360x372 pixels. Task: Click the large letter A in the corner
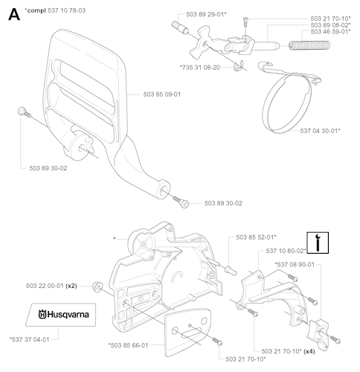coord(13,15)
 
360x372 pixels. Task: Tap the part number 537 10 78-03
coord(58,11)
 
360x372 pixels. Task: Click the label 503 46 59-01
coord(330,32)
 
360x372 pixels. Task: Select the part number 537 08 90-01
coord(294,264)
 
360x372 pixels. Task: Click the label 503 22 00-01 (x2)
coord(50,285)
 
